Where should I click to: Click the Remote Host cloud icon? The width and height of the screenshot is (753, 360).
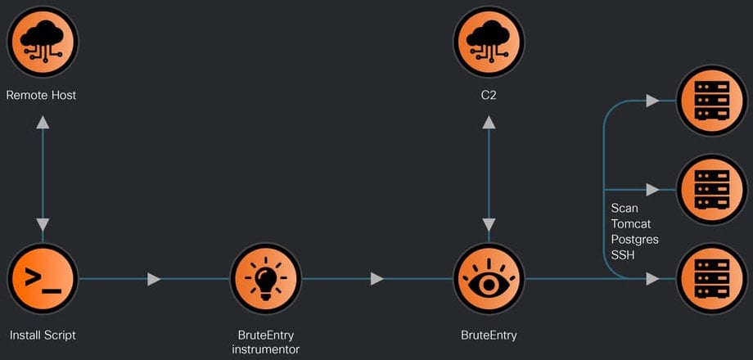43,41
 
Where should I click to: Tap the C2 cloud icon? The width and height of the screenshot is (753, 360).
489,41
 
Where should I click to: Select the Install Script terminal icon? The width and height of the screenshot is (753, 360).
43,279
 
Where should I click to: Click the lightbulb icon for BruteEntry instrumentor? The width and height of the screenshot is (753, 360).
265,279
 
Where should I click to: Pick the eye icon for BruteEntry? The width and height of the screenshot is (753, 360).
489,279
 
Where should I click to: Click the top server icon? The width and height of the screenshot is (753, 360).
710,100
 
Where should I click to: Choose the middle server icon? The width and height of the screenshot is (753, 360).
710,189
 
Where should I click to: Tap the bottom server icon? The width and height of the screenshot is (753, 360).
710,279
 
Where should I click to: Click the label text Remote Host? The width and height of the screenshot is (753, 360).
42,96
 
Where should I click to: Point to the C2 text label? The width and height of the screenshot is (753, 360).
489,96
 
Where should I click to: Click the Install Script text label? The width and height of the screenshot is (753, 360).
43,335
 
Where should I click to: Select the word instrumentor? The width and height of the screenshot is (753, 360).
265,349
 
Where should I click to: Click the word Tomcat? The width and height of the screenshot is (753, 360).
631,224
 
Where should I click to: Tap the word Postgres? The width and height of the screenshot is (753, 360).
634,240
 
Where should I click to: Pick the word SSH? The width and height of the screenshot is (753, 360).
623,255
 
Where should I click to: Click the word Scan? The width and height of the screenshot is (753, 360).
624,209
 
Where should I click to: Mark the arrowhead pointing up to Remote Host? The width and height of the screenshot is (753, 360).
43,123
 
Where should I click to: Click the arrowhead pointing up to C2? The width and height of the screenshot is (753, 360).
489,123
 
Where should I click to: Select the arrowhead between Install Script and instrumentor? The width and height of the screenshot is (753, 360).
154,279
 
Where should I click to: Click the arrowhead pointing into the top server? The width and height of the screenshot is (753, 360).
652,100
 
